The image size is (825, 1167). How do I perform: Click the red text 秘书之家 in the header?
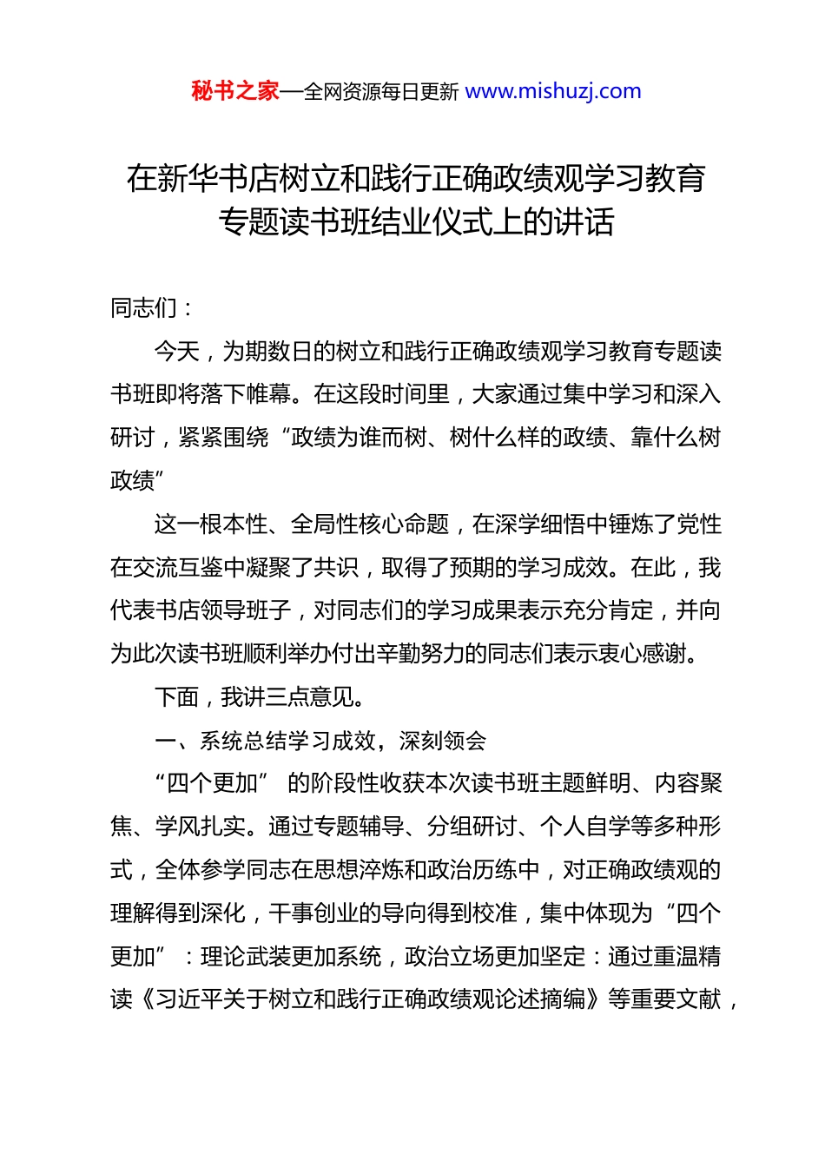(x=235, y=91)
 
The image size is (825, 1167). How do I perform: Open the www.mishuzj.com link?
(x=553, y=91)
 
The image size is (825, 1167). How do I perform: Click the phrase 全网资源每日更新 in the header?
(x=381, y=92)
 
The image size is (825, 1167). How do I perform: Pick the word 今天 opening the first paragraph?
(x=177, y=352)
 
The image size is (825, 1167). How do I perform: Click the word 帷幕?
(x=269, y=394)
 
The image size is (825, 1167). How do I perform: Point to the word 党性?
(x=699, y=524)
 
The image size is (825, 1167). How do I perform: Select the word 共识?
(x=337, y=568)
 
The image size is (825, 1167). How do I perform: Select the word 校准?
(x=495, y=913)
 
